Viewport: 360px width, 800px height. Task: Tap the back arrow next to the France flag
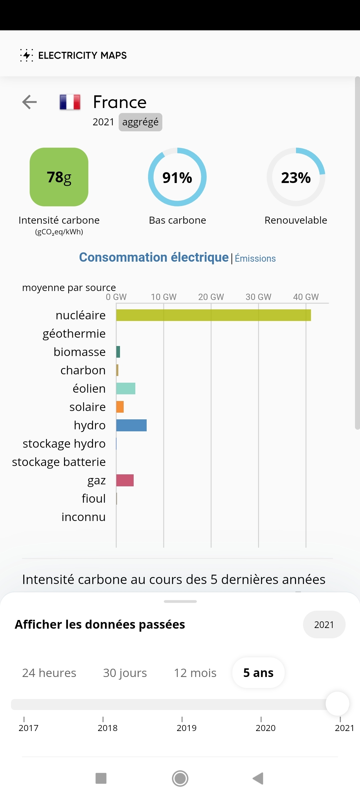tap(29, 102)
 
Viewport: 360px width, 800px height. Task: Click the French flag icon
tap(70, 102)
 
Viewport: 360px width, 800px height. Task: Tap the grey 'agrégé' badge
tap(140, 122)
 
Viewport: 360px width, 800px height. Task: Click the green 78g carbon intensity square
tap(59, 177)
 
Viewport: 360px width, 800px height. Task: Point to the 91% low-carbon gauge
tap(177, 177)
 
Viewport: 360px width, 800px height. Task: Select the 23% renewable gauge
tap(296, 177)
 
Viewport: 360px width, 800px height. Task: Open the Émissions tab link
tap(255, 258)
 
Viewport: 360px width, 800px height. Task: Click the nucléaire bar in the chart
tap(213, 315)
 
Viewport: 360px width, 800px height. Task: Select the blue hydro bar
tap(131, 425)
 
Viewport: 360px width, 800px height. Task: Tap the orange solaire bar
tap(120, 407)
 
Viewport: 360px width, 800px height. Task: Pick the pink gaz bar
tap(125, 480)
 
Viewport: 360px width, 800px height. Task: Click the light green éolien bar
tap(126, 389)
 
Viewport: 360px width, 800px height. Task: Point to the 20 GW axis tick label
tap(211, 297)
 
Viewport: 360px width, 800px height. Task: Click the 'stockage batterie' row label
tap(59, 462)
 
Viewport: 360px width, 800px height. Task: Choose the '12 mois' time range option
tap(195, 673)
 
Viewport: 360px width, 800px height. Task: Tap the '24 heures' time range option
tap(49, 673)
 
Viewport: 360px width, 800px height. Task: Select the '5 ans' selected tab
tap(258, 673)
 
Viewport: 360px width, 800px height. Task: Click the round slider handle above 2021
tap(337, 704)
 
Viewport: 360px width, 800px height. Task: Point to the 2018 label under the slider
tap(107, 728)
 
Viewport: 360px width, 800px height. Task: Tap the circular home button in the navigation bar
tap(180, 779)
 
